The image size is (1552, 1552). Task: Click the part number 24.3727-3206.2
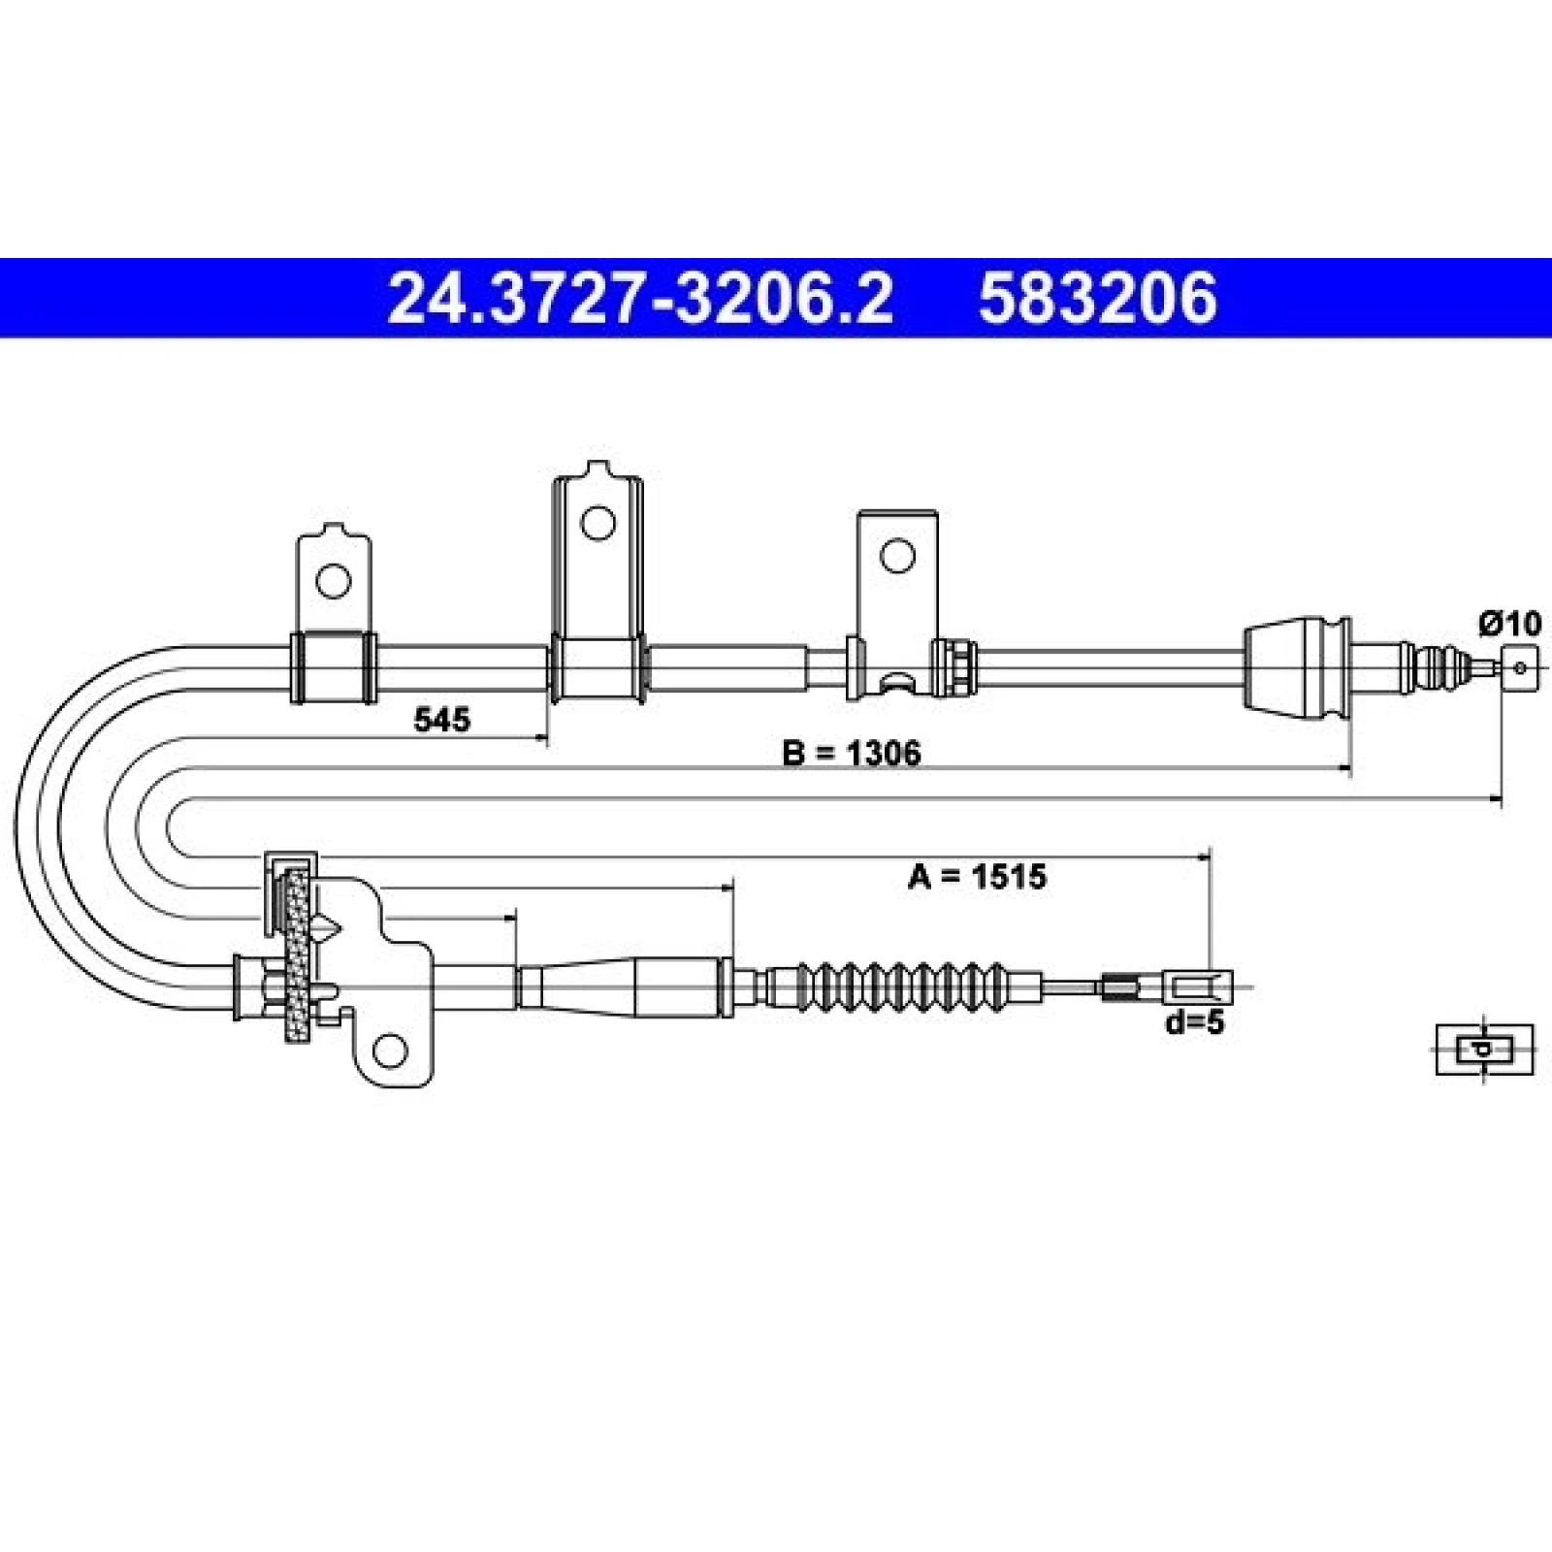tap(639, 298)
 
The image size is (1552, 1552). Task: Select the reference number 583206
tap(1097, 298)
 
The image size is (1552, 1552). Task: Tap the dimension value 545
tap(441, 720)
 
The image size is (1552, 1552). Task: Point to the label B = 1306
tap(852, 752)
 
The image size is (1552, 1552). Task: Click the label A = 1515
tap(977, 877)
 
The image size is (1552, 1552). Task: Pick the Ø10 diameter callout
tap(1509, 623)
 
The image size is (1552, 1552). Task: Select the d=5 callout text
tap(1195, 1021)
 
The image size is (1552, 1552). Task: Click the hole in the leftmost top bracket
tap(334, 581)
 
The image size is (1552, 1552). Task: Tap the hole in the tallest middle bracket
tap(598, 523)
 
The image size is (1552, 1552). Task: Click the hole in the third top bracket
tap(897, 556)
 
